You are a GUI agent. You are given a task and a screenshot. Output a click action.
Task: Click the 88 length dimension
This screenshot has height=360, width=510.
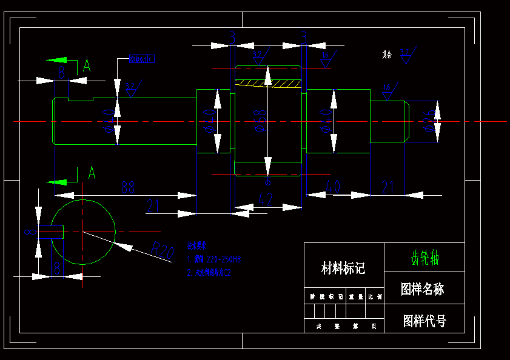pyautogui.click(x=127, y=187)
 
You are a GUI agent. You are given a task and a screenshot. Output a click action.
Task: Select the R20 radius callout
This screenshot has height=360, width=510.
pyautogui.click(x=162, y=250)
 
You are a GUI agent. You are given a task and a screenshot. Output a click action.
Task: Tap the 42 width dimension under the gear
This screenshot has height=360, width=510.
pyautogui.click(x=266, y=198)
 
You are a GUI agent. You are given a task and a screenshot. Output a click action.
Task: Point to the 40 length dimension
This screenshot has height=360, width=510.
pyautogui.click(x=332, y=187)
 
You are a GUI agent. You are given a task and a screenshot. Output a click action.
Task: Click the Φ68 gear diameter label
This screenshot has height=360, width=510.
pyautogui.click(x=260, y=121)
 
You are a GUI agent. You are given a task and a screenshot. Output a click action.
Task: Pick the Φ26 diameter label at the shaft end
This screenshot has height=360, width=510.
pyautogui.click(x=429, y=121)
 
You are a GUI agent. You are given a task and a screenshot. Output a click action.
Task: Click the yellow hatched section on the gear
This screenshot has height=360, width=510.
pyautogui.click(x=268, y=82)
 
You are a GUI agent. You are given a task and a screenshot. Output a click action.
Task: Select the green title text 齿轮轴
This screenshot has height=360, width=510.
pyautogui.click(x=424, y=259)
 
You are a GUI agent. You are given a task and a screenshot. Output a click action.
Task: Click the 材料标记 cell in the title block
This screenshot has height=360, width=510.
pyautogui.click(x=343, y=268)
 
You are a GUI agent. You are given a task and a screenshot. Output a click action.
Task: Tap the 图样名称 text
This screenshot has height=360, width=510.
pyautogui.click(x=423, y=289)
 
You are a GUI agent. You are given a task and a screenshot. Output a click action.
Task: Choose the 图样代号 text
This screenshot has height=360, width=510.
pyautogui.click(x=424, y=321)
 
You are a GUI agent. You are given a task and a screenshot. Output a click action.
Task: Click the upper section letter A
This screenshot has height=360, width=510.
pyautogui.click(x=87, y=65)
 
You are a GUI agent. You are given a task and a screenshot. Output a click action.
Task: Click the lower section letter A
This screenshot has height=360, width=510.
pyautogui.click(x=92, y=173)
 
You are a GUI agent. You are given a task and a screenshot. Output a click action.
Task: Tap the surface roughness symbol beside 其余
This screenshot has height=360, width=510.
pyautogui.click(x=406, y=55)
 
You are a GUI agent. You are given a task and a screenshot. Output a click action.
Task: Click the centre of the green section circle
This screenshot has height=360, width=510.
pyautogui.click(x=82, y=232)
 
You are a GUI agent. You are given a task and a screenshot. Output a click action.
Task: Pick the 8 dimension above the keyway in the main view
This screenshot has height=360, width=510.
pyautogui.click(x=61, y=73)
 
